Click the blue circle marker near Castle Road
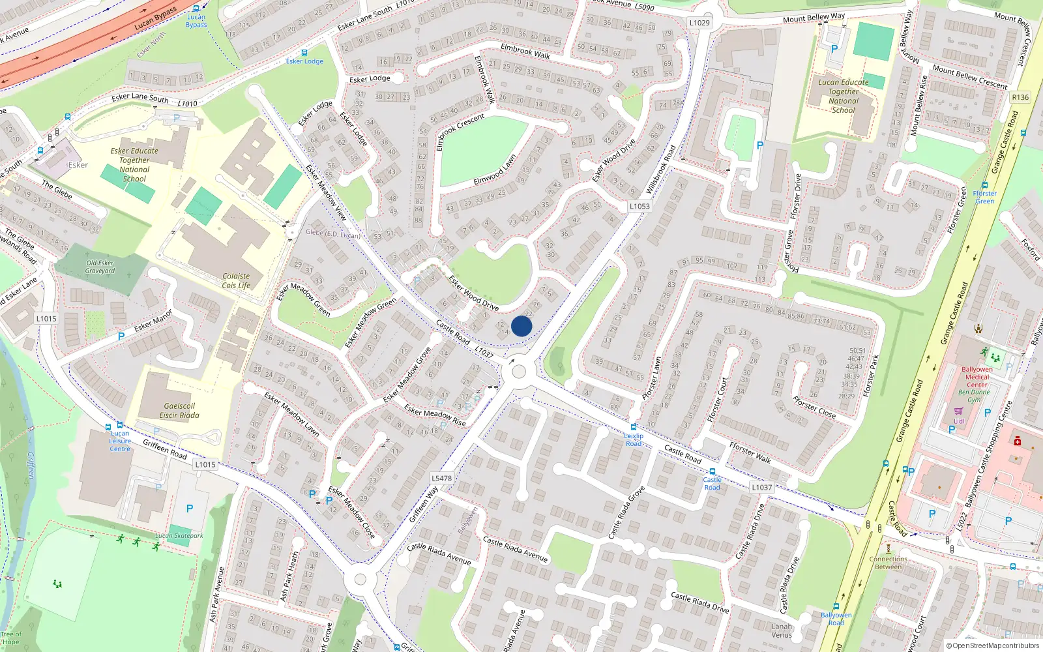tap(521, 326)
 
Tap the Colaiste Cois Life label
tap(236, 281)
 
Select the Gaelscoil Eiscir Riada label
tap(179, 410)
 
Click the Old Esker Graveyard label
tap(100, 267)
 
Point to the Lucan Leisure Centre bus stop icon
tap(119, 425)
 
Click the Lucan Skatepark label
tap(179, 536)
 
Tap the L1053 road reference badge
tap(639, 206)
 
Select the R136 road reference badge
tap(1020, 97)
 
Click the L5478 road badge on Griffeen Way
tap(441, 478)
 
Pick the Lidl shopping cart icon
tap(958, 411)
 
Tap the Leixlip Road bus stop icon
tap(633, 427)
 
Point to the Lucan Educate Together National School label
tap(844, 96)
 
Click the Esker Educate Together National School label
tap(134, 164)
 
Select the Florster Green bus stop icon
tap(984, 185)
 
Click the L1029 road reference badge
tap(699, 23)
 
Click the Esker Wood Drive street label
tap(474, 293)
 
